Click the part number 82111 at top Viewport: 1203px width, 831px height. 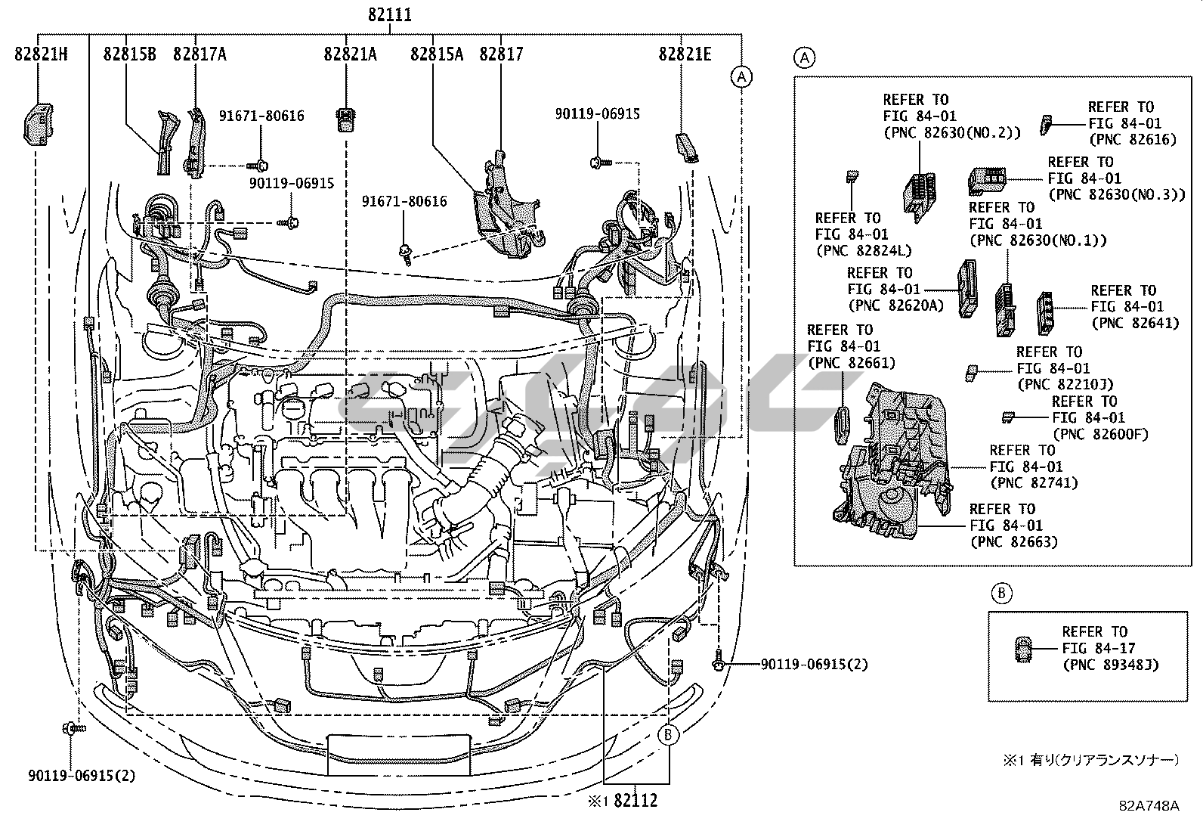click(390, 15)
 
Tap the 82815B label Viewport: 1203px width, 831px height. click(130, 54)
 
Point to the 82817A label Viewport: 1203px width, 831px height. click(199, 54)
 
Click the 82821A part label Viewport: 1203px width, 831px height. click(351, 54)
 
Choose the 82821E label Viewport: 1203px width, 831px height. click(685, 54)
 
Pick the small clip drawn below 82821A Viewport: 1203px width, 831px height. click(345, 118)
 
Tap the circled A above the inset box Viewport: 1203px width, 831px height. click(804, 57)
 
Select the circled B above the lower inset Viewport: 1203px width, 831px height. click(1000, 594)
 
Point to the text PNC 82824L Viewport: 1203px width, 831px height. click(863, 250)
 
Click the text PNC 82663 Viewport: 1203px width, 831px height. click(1013, 541)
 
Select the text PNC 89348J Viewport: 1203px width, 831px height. click(1110, 665)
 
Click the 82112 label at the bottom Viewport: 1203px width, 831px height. click(636, 800)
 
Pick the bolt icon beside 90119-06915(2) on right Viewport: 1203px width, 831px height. click(719, 665)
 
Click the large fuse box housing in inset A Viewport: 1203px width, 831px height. click(892, 469)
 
